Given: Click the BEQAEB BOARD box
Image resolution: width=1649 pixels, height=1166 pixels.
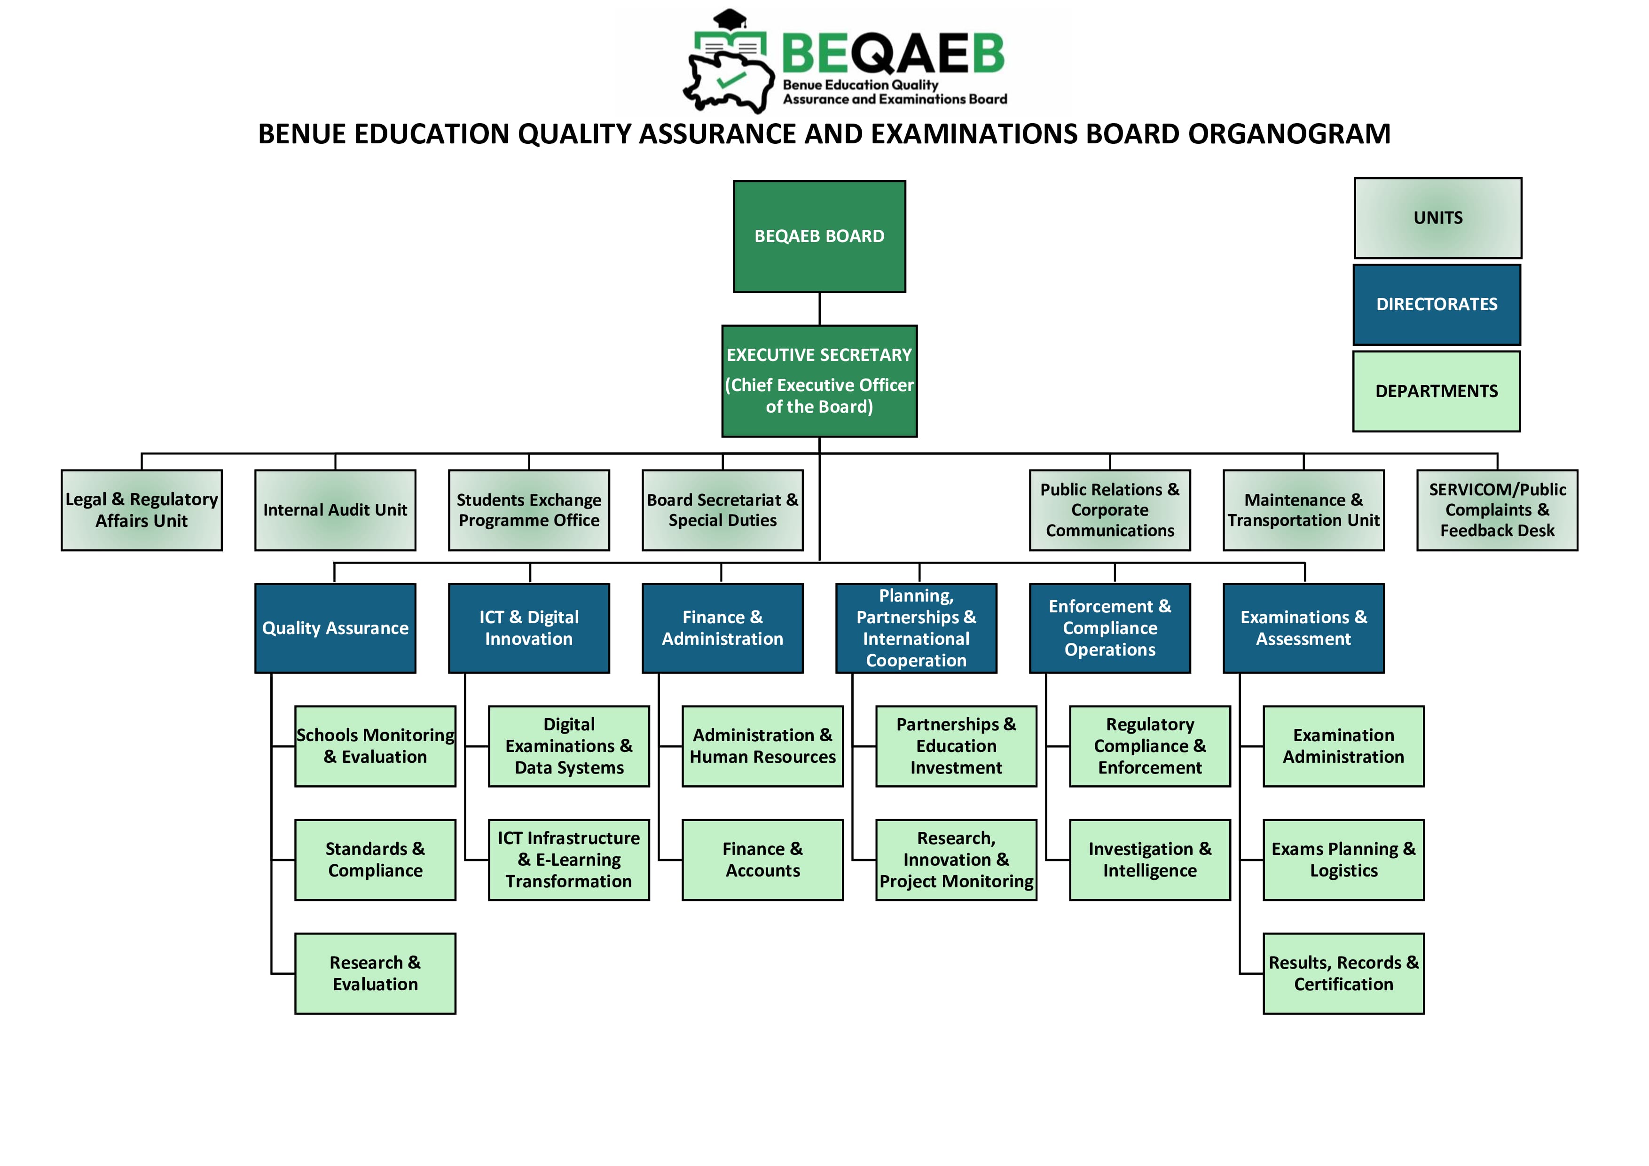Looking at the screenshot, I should point(819,236).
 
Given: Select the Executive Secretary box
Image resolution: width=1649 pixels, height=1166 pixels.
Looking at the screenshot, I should point(819,381).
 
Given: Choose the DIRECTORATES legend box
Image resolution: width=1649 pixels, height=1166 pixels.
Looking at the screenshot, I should point(1437,305).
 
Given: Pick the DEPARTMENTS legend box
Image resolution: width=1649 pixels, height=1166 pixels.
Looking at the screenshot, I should point(1437,391).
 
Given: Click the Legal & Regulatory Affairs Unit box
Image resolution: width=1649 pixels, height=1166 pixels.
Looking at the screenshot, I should point(141,510).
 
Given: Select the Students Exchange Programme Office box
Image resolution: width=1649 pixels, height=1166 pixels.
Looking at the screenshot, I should point(529,510).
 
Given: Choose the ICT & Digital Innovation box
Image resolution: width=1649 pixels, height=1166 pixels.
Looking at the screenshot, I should point(529,628).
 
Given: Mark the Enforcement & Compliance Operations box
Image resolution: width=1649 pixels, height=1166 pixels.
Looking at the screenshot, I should point(1110,628).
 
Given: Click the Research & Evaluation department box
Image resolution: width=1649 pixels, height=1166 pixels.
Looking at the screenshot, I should point(375,974).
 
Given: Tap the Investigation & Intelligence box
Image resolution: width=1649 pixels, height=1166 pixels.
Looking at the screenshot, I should point(1149,860).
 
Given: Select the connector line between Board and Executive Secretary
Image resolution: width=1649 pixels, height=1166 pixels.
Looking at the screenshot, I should point(819,309).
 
